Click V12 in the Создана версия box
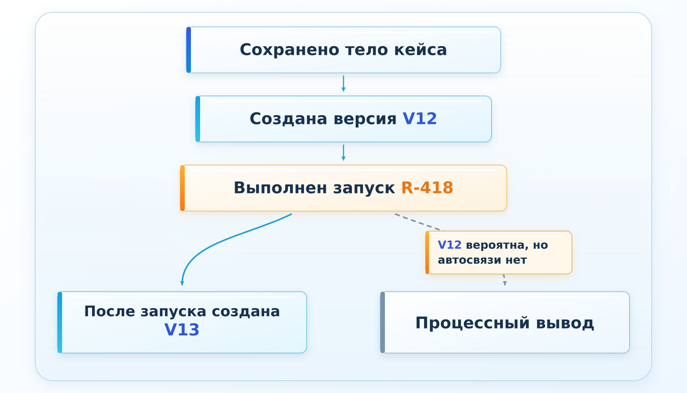point(420,119)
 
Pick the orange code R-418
point(427,188)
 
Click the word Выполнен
point(281,188)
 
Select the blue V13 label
point(182,330)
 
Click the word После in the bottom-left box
point(110,311)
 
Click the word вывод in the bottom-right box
point(565,324)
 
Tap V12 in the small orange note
point(449,245)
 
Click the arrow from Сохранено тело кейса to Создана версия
point(343,83)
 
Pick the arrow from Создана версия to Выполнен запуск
point(343,152)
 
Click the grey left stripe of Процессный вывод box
point(382,322)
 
